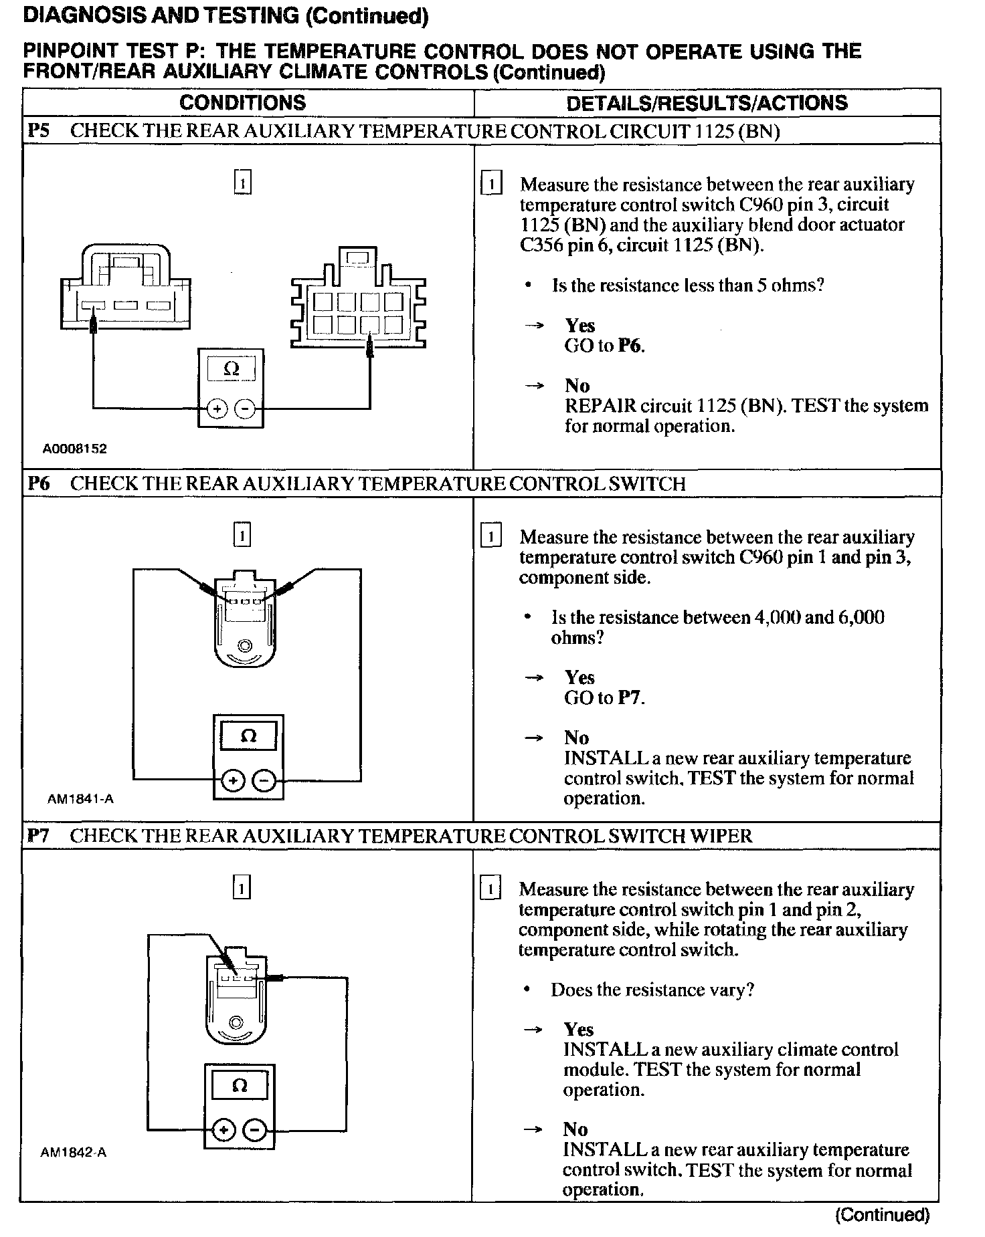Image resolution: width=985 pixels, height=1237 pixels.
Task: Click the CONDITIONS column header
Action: [x=242, y=102]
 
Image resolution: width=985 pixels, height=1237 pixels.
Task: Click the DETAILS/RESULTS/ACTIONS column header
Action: [x=707, y=103]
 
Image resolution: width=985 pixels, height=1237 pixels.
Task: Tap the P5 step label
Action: [x=39, y=131]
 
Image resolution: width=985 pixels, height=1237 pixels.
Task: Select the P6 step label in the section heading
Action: [x=39, y=483]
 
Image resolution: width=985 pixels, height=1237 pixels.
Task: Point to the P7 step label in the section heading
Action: [x=39, y=836]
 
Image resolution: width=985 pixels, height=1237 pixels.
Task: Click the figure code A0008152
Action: [x=74, y=449]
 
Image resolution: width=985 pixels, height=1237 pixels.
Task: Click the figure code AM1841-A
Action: [x=80, y=798]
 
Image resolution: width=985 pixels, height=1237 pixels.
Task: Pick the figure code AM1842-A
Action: [x=74, y=1153]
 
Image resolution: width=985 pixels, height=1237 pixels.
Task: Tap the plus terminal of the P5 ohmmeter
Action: [x=217, y=409]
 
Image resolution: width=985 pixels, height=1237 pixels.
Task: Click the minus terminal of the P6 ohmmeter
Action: [x=265, y=780]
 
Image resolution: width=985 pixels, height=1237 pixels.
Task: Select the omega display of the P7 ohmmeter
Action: [x=240, y=1085]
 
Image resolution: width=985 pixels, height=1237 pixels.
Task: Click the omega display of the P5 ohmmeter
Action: [x=231, y=369]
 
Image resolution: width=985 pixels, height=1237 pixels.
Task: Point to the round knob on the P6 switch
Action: [x=244, y=645]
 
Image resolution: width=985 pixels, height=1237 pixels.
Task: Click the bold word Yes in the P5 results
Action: [x=579, y=326]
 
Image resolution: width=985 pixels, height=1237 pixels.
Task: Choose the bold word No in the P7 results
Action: [x=575, y=1129]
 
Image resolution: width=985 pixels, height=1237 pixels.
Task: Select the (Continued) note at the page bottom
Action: [x=882, y=1215]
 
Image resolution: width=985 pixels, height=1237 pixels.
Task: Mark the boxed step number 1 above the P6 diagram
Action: [x=242, y=535]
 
